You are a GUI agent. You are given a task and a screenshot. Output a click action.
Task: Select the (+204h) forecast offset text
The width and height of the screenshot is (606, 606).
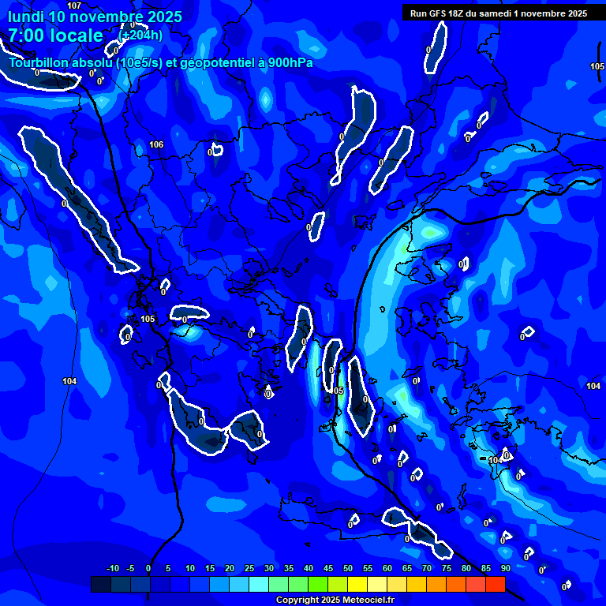[142, 35]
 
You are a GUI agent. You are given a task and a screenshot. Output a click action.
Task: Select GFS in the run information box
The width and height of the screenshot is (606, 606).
[436, 13]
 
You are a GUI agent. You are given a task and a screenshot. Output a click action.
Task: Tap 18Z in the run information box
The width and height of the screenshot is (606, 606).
[457, 13]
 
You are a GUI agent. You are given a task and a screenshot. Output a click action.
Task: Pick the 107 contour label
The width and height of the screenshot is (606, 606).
[74, 6]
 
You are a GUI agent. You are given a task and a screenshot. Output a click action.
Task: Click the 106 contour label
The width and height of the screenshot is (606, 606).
[156, 144]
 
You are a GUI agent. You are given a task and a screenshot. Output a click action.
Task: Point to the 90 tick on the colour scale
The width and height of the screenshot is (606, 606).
[505, 568]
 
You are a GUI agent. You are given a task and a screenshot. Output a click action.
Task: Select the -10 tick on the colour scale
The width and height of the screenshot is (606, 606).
[112, 568]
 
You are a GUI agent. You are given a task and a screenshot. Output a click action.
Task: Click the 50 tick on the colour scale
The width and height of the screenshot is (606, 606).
[347, 568]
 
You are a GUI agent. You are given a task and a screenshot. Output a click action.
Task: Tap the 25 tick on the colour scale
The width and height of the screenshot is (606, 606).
[249, 568]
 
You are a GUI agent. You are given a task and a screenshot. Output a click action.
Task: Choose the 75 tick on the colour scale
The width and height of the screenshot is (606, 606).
[446, 568]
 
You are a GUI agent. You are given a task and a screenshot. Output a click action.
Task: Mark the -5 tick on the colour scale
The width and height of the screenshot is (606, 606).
[130, 568]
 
